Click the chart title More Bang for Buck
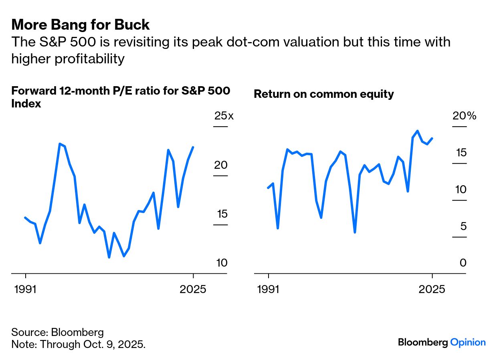coord(81,25)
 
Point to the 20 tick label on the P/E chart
coord(221,165)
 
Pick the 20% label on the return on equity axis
coord(464,116)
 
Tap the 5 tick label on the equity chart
coord(463,227)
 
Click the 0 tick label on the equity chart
coord(463,263)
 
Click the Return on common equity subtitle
coord(324,94)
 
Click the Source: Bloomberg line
coord(57,332)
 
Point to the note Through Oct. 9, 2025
coord(78,344)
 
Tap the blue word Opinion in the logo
coord(468,342)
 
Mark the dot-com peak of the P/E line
coord(60,144)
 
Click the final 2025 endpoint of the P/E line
coord(193,147)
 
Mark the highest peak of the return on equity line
coord(418,131)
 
